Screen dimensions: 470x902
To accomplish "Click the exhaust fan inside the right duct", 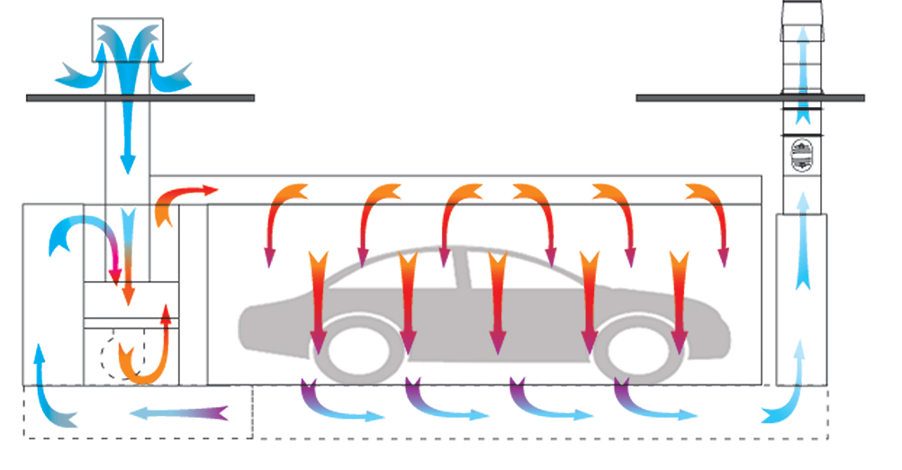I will pyautogui.click(x=801, y=156).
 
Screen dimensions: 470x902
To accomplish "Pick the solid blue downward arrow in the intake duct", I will pyautogui.click(x=127, y=135).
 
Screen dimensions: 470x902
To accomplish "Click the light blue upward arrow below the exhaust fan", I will pyautogui.click(x=801, y=252).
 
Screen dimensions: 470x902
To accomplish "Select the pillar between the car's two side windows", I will pyautogui.click(x=460, y=270).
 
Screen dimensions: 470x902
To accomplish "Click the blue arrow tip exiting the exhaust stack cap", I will pyautogui.click(x=801, y=45).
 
